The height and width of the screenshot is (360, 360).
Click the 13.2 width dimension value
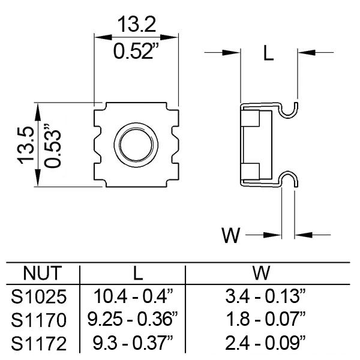tap(137, 25)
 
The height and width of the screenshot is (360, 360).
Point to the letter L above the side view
tap(268, 55)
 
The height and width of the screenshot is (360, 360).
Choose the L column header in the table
tap(137, 274)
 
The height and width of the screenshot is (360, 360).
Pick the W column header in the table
tap(260, 274)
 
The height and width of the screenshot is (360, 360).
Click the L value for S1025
tap(133, 296)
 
